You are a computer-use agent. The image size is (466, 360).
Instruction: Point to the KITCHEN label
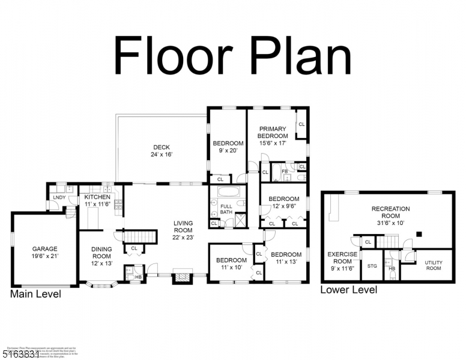click(97, 197)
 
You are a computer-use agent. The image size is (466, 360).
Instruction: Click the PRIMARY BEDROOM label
click(273, 132)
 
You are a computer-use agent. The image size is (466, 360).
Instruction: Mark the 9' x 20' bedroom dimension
click(228, 151)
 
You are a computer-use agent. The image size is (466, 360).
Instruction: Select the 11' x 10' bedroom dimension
click(231, 268)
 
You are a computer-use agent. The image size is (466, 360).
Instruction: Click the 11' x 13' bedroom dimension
click(286, 262)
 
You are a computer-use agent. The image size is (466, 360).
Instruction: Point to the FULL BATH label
click(226, 208)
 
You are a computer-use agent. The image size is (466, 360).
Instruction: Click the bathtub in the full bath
click(228, 193)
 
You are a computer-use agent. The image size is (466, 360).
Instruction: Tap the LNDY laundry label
click(59, 197)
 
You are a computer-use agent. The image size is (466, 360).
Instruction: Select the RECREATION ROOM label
click(390, 212)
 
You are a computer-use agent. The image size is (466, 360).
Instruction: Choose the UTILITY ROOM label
click(433, 265)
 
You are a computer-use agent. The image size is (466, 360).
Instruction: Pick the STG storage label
click(372, 265)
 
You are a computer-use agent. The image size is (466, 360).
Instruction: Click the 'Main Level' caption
click(35, 294)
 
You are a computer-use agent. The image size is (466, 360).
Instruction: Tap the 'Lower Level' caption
click(348, 290)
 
